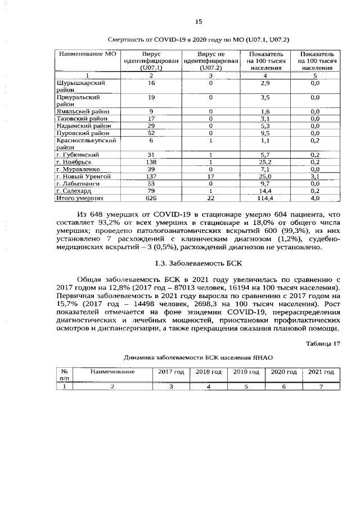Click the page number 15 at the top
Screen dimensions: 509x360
(x=198, y=22)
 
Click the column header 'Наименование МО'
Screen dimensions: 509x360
(x=87, y=54)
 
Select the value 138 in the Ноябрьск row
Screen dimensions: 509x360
(x=151, y=162)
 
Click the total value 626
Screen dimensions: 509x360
(x=151, y=199)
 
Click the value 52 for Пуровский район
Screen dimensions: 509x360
(x=151, y=133)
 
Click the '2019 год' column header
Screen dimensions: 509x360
(x=246, y=372)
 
